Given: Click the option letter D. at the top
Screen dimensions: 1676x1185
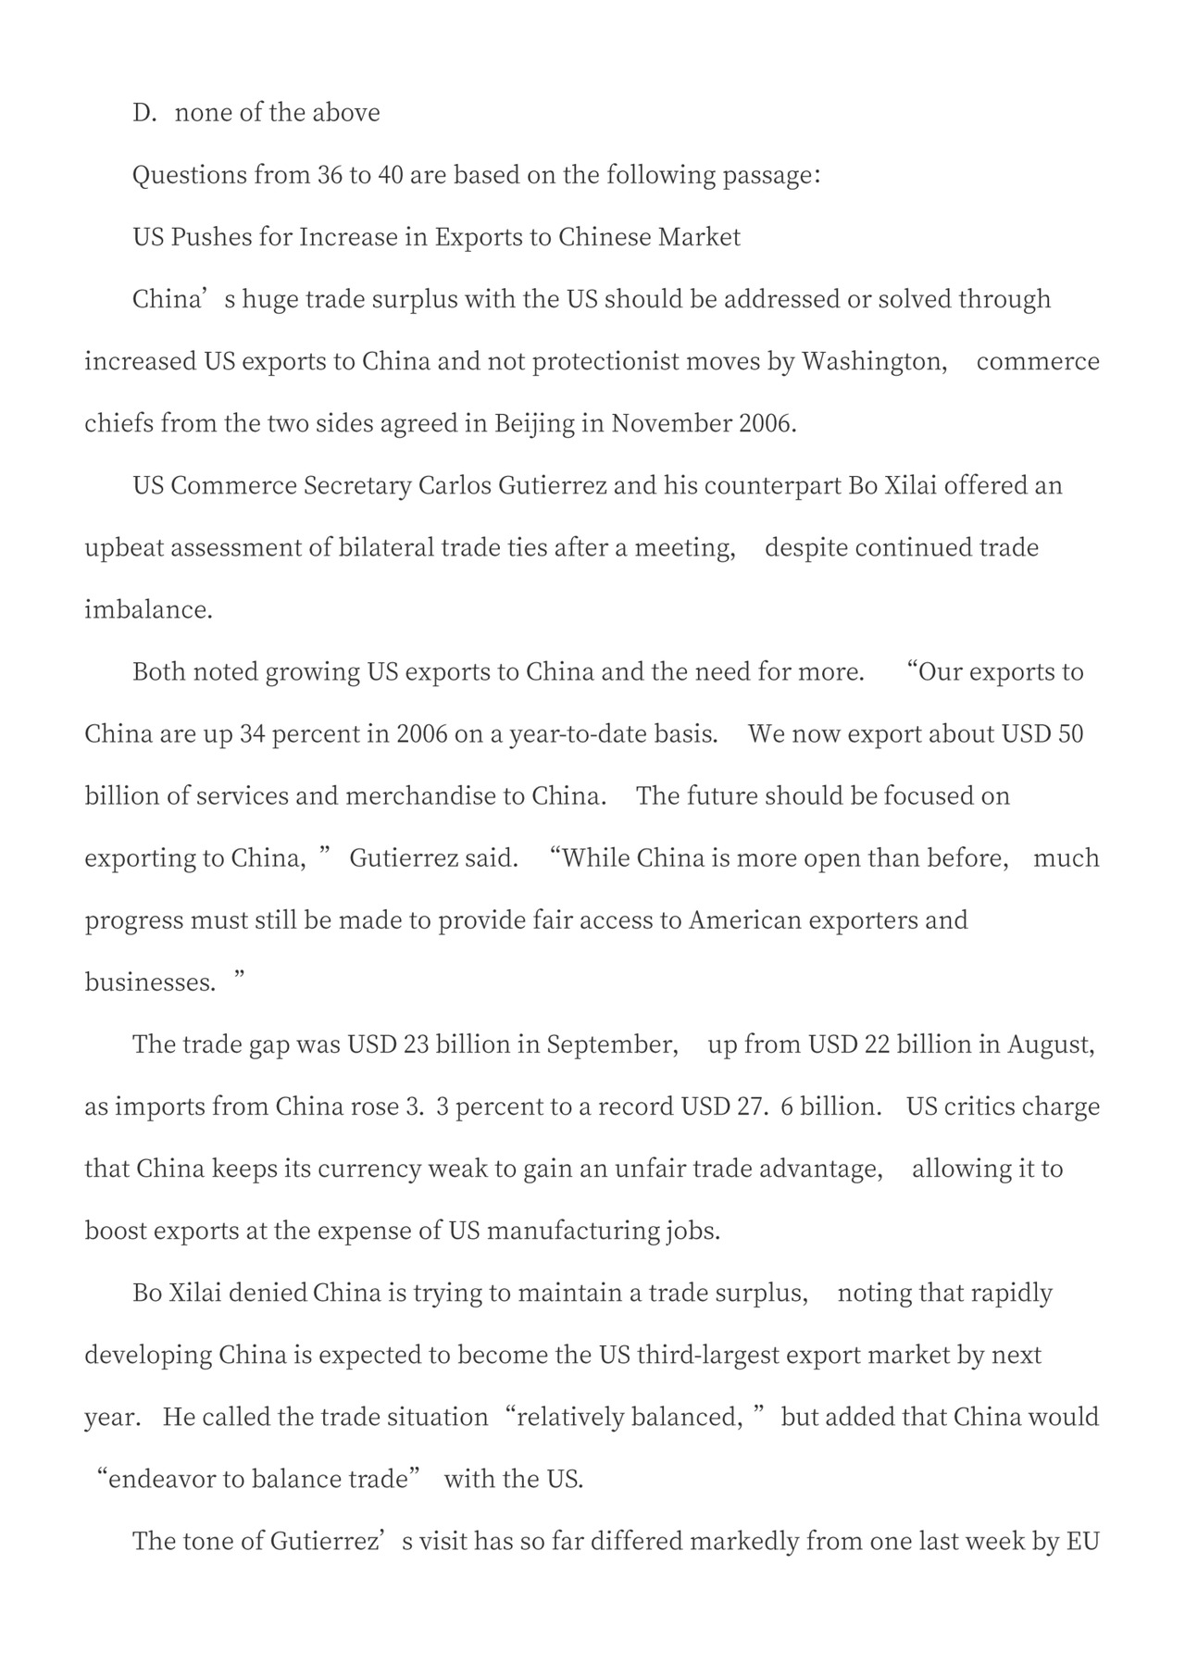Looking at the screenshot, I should (144, 113).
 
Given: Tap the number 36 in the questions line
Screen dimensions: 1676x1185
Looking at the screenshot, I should (330, 175).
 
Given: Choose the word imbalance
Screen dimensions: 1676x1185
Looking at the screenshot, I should (148, 609).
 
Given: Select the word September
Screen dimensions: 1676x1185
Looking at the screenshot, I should (612, 1044).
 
